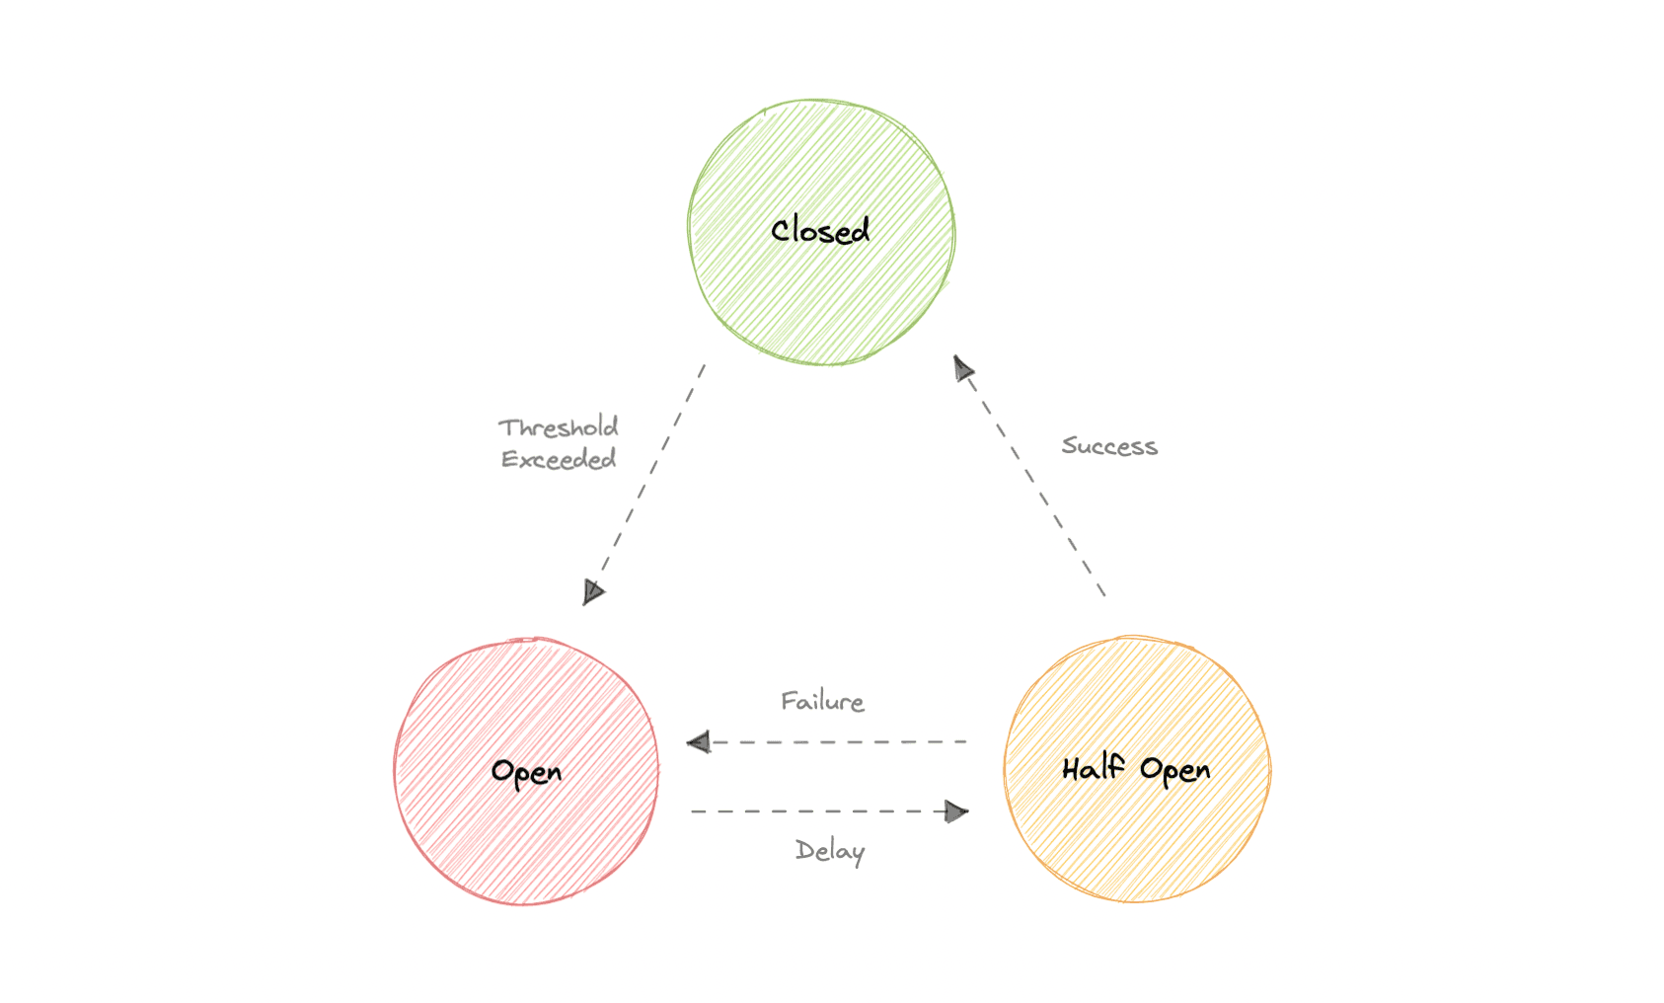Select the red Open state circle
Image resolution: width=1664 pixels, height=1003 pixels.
pyautogui.click(x=525, y=839)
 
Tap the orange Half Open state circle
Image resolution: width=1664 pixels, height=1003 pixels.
pyautogui.click(x=1137, y=839)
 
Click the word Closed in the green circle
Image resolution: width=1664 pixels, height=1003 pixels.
pyautogui.click(x=820, y=231)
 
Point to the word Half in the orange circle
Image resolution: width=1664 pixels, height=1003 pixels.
pyautogui.click(x=1093, y=768)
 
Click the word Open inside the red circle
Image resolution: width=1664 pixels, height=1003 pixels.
pyautogui.click(x=526, y=772)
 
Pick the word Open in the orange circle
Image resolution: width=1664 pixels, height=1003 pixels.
pyautogui.click(x=1174, y=770)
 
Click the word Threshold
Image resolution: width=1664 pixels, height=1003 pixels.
pyautogui.click(x=559, y=427)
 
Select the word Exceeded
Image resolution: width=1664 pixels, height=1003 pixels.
pyautogui.click(x=559, y=459)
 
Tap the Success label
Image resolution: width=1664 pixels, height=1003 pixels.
pyautogui.click(x=1109, y=446)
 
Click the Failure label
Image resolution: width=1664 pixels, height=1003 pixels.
pyautogui.click(x=822, y=702)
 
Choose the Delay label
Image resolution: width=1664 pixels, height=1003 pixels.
pyautogui.click(x=830, y=851)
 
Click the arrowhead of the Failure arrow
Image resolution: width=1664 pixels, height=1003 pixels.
pyautogui.click(x=699, y=742)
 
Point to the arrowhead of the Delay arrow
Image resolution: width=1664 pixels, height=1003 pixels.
pyautogui.click(x=955, y=811)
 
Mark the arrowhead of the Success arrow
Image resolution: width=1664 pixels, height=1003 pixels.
pyautogui.click(x=962, y=368)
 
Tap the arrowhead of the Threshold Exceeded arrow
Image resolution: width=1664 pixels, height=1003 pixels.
pyautogui.click(x=592, y=591)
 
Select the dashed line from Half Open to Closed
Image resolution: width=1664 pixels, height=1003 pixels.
pyautogui.click(x=1035, y=484)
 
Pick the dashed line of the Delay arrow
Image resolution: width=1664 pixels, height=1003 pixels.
pyautogui.click(x=819, y=811)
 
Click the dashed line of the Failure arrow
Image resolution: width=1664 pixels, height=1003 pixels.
pyautogui.click(x=839, y=742)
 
